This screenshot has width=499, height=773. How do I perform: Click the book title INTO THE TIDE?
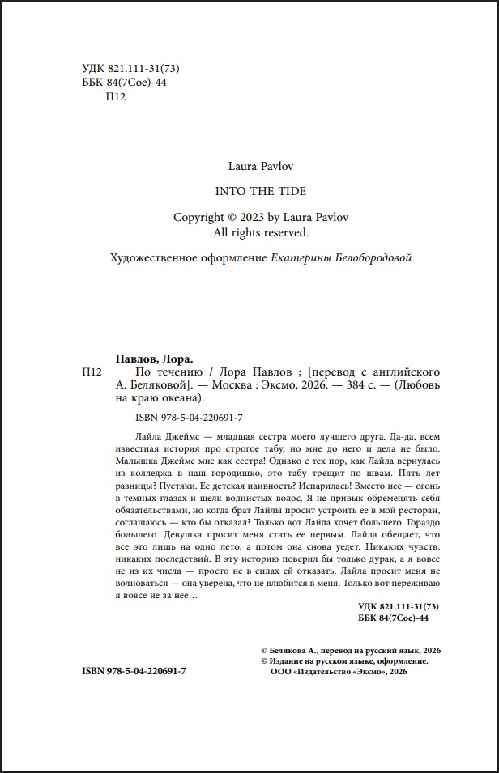tap(249, 191)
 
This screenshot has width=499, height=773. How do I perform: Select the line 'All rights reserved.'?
tap(249, 232)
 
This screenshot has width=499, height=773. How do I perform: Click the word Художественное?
tap(150, 258)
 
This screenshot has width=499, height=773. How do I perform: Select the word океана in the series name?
tap(185, 398)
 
